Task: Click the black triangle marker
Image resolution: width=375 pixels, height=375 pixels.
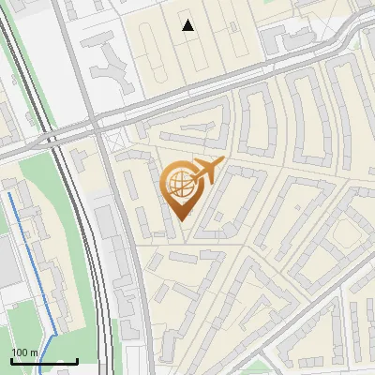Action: (188, 25)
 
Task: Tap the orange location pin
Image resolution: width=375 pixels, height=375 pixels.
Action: (180, 187)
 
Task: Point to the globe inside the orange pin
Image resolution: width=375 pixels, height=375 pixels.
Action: (178, 184)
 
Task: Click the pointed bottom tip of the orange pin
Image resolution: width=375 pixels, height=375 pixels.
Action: (181, 219)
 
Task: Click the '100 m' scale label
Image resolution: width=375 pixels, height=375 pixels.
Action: (24, 352)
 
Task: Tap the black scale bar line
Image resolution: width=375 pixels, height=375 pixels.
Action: (43, 361)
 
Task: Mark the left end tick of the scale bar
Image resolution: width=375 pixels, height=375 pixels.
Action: (10, 359)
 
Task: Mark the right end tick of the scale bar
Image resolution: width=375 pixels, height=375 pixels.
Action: (77, 359)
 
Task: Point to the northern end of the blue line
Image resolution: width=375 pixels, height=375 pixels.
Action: (11, 194)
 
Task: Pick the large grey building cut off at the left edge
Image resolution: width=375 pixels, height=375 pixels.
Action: (6, 262)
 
